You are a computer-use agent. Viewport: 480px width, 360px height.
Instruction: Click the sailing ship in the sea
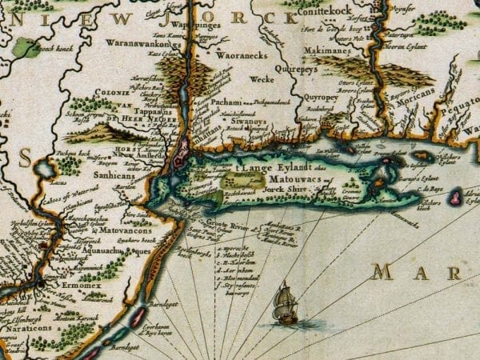tap(286, 304)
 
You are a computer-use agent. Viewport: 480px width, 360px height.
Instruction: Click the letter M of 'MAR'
tap(382, 274)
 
